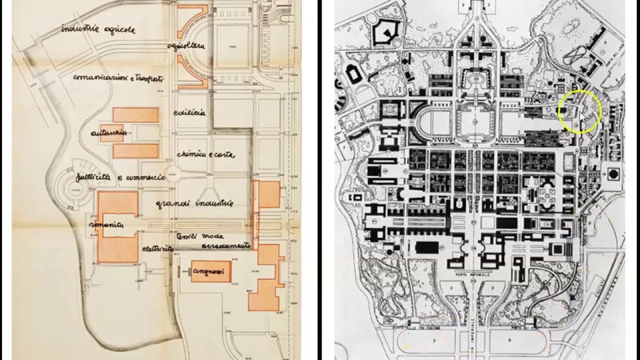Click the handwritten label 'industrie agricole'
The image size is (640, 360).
coord(98,29)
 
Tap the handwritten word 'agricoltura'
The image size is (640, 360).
coord(186,45)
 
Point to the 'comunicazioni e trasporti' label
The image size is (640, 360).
coord(118,78)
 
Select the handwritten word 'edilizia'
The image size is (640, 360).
coord(189,113)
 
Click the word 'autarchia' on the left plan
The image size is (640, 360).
coord(108,133)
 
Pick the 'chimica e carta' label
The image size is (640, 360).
coord(205,154)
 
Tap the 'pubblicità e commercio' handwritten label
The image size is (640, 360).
coord(120,177)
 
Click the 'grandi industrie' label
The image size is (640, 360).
coord(194,203)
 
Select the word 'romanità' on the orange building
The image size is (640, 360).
coord(106,225)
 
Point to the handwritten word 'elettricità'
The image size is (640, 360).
coord(157,248)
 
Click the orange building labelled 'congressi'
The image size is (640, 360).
coord(210,271)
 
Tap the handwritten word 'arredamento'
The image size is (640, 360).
coord(226,246)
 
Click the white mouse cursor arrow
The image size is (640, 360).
coord(581,117)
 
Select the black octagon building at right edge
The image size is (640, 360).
coord(613,174)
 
